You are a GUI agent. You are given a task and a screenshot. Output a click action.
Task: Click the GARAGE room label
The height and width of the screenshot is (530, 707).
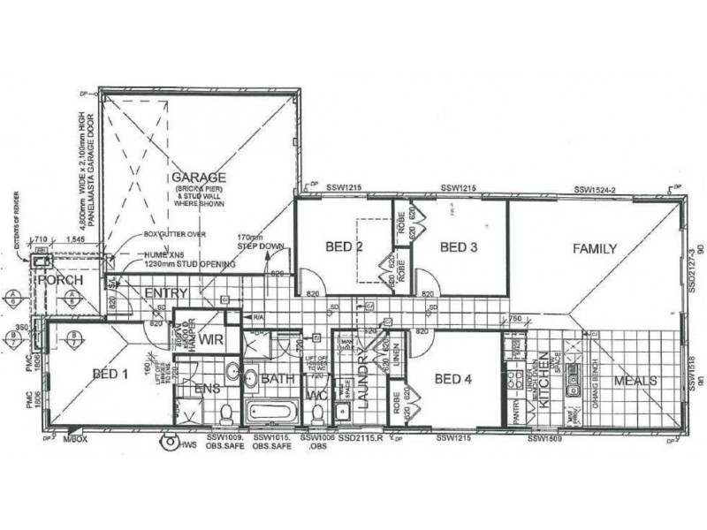tap(199, 177)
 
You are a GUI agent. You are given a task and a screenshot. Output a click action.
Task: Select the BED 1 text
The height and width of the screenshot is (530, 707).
tap(110, 374)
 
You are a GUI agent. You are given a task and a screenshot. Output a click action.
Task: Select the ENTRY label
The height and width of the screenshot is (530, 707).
tap(163, 292)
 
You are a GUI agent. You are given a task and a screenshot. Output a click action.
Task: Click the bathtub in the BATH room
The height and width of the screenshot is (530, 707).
tap(274, 412)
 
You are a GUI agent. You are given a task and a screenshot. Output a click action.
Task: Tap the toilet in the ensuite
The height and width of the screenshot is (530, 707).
tap(225, 413)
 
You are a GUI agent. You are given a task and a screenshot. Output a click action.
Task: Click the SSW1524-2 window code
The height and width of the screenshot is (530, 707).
tap(594, 190)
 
